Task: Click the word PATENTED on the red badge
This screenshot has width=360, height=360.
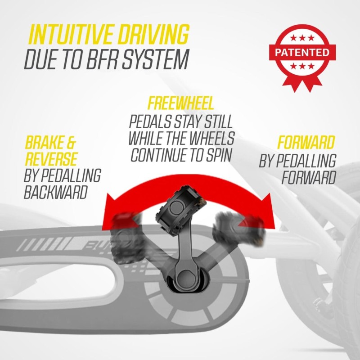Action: (301, 53)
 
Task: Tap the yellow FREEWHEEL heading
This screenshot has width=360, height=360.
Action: (181, 103)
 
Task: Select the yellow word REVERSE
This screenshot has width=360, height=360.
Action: (51, 158)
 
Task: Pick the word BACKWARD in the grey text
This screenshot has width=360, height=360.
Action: (55, 193)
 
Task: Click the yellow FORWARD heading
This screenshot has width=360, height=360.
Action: (306, 144)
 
